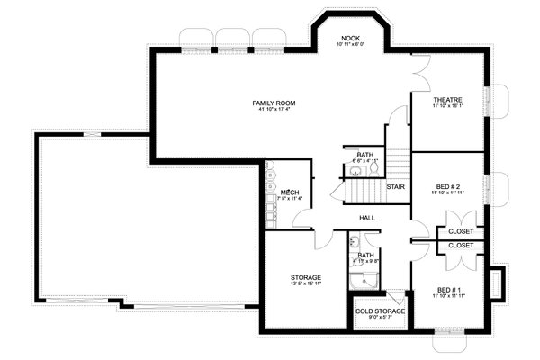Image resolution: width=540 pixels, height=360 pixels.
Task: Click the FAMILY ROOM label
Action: [274, 103]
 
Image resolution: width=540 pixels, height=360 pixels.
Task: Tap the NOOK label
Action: [351, 39]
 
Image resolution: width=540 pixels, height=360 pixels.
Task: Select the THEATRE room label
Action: [447, 100]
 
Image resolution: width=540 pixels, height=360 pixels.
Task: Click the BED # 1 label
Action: [447, 289]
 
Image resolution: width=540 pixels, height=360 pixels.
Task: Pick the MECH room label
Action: [289, 192]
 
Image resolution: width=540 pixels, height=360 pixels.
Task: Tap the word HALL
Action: [367, 218]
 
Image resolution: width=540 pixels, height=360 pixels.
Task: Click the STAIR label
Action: [394, 186]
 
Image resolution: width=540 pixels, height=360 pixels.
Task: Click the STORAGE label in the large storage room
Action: [307, 276]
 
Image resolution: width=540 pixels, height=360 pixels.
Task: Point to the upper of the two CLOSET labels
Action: [461, 232]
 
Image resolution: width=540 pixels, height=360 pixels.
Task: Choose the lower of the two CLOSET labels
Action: [461, 245]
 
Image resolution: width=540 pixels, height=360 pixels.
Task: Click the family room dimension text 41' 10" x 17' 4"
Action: [274, 111]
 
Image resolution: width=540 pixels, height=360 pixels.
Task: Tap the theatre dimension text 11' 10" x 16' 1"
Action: [447, 106]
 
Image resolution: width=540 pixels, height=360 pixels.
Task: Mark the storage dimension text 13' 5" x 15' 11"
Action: [307, 283]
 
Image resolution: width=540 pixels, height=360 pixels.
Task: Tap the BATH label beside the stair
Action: [364, 155]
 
